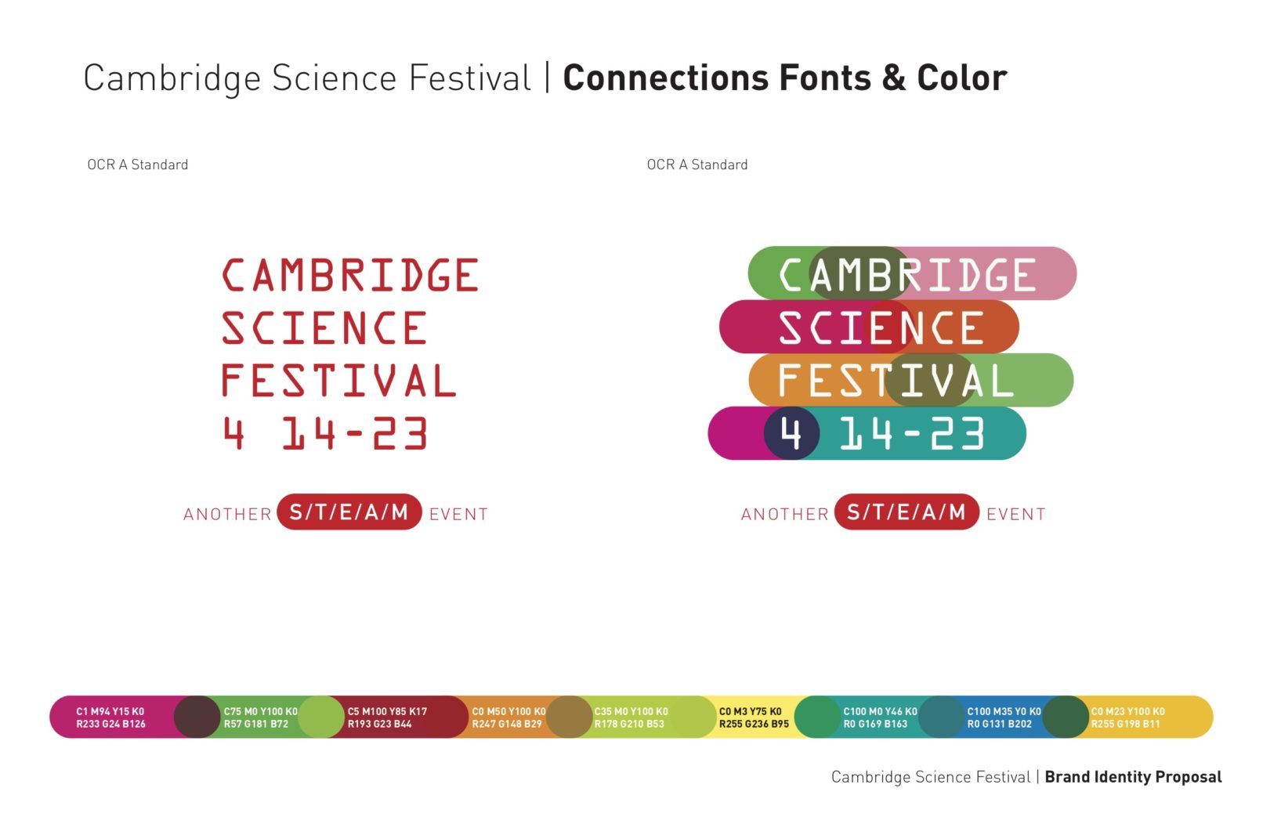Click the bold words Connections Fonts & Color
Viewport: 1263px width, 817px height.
point(785,78)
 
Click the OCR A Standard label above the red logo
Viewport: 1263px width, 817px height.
point(138,164)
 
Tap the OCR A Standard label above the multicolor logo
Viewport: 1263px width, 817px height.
point(697,164)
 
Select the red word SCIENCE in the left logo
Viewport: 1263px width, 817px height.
point(324,327)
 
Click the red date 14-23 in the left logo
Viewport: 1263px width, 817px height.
point(355,433)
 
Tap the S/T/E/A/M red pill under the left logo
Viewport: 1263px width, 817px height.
point(349,512)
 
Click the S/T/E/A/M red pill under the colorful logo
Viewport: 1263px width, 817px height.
point(907,512)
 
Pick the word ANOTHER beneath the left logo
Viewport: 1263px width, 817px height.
point(228,514)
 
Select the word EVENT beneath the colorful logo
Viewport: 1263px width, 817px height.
point(1016,514)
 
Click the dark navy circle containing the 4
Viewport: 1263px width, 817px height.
point(791,433)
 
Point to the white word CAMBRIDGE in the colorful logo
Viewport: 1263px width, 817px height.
point(907,275)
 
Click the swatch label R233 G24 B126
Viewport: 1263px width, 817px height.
point(111,724)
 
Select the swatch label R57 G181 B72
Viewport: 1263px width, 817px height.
point(256,724)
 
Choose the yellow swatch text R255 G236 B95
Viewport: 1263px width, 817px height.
point(754,724)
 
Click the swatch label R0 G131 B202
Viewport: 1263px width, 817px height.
point(1000,724)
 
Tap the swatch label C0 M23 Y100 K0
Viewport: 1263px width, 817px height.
point(1127,711)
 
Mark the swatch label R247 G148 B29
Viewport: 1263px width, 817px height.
point(507,724)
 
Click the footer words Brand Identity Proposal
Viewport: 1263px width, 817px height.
point(1133,777)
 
